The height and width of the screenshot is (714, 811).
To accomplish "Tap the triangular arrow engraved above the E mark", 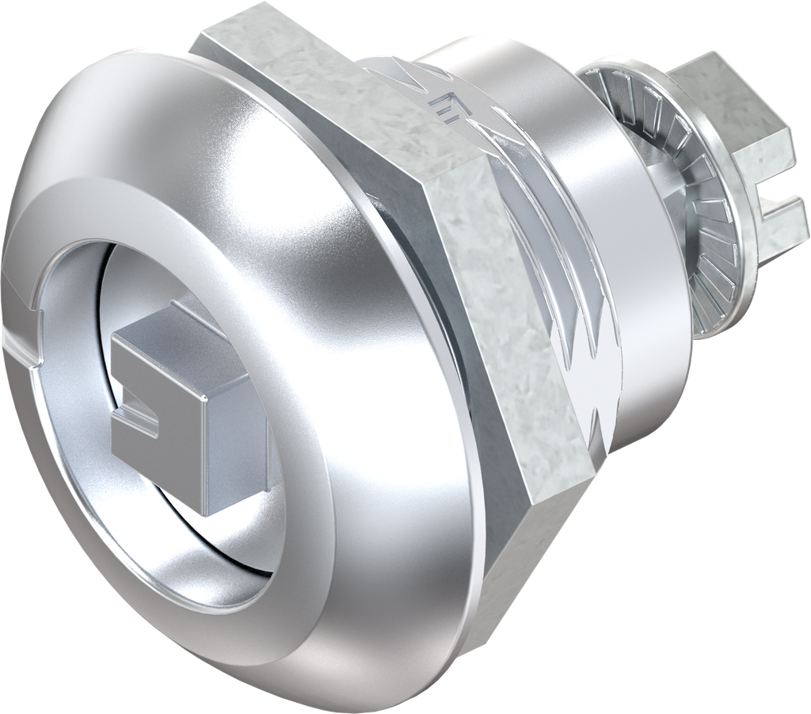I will point(412,75).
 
